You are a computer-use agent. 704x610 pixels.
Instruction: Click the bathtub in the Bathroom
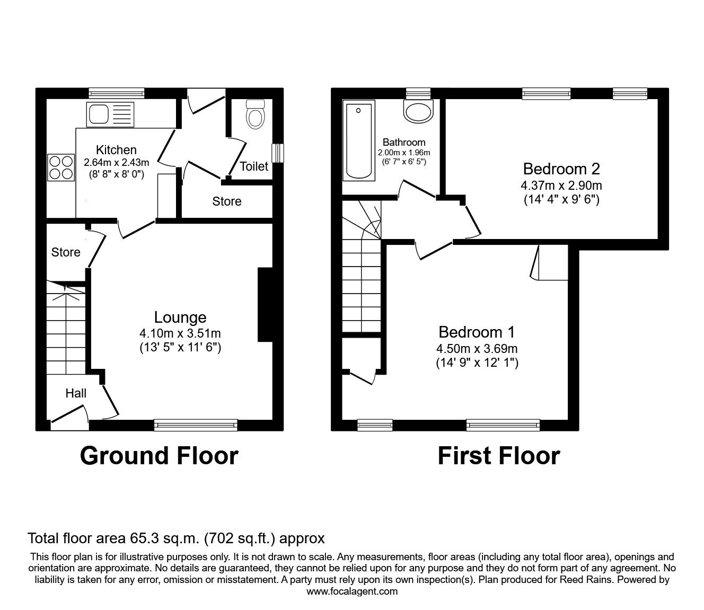pos(359,140)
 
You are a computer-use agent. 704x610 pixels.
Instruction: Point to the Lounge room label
pos(180,317)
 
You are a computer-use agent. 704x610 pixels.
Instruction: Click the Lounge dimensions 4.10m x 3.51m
pos(180,334)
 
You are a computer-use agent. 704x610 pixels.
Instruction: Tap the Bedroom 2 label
pos(561,169)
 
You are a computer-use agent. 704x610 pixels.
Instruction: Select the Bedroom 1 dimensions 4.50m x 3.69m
pos(477,349)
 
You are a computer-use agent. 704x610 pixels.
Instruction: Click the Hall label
pos(76,393)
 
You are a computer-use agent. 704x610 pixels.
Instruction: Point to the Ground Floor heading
pos(159,456)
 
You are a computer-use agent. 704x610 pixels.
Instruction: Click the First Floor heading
pos(498,456)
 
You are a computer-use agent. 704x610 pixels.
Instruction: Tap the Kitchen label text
pos(116,150)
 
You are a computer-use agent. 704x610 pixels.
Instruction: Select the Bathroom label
pos(404,142)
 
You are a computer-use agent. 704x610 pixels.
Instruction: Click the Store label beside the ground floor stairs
pos(66,252)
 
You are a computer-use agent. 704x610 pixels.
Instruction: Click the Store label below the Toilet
pos(227,201)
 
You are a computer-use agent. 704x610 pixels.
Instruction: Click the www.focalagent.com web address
pos(352,591)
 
